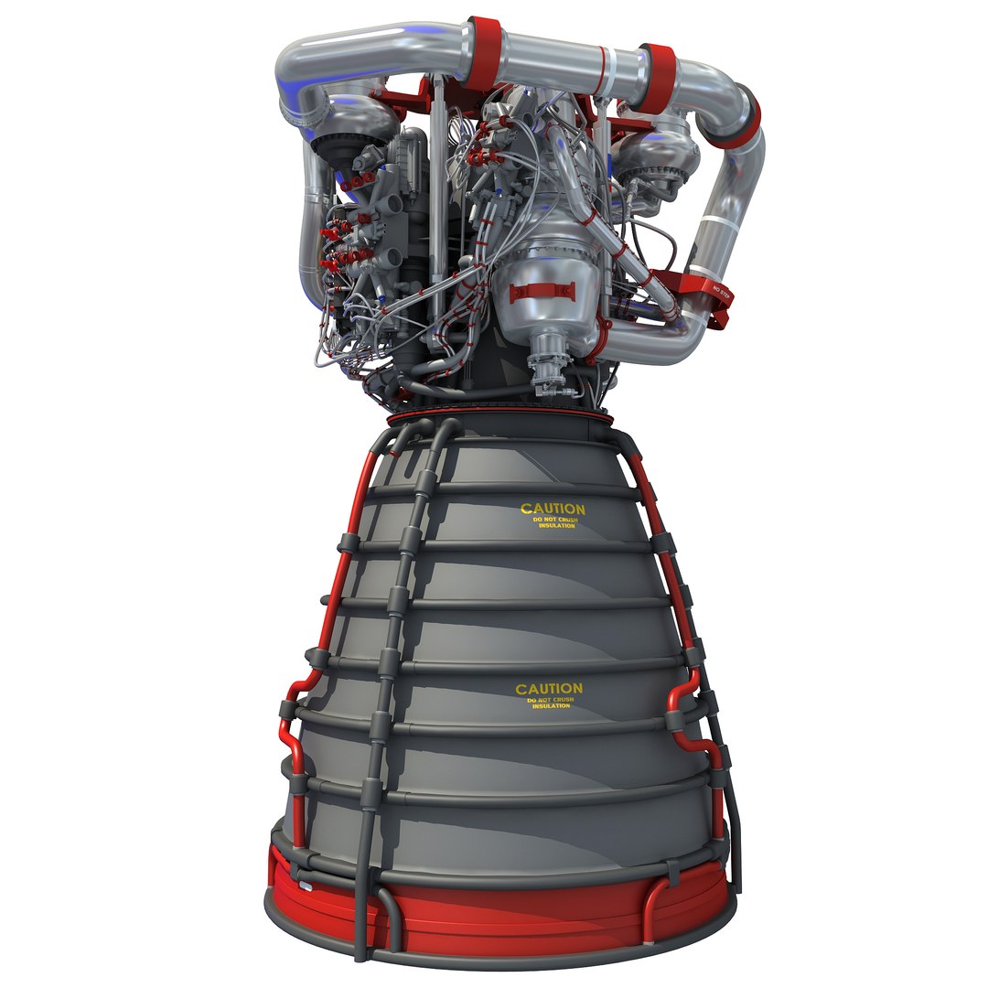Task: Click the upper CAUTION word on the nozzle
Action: pyautogui.click(x=553, y=509)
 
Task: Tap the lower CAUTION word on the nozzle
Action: pyautogui.click(x=548, y=689)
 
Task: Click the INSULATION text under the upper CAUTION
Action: pyautogui.click(x=556, y=526)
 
